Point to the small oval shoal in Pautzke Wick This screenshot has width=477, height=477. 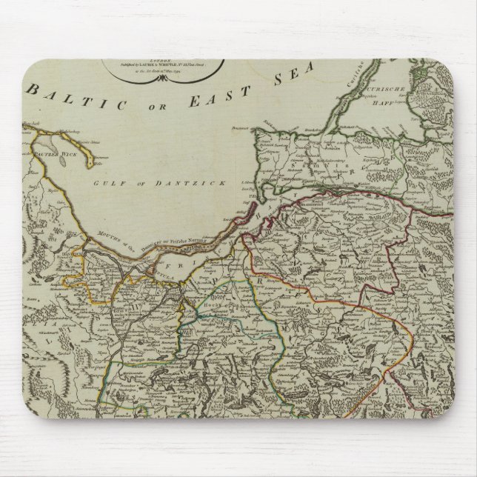pyautogui.click(x=53, y=148)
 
